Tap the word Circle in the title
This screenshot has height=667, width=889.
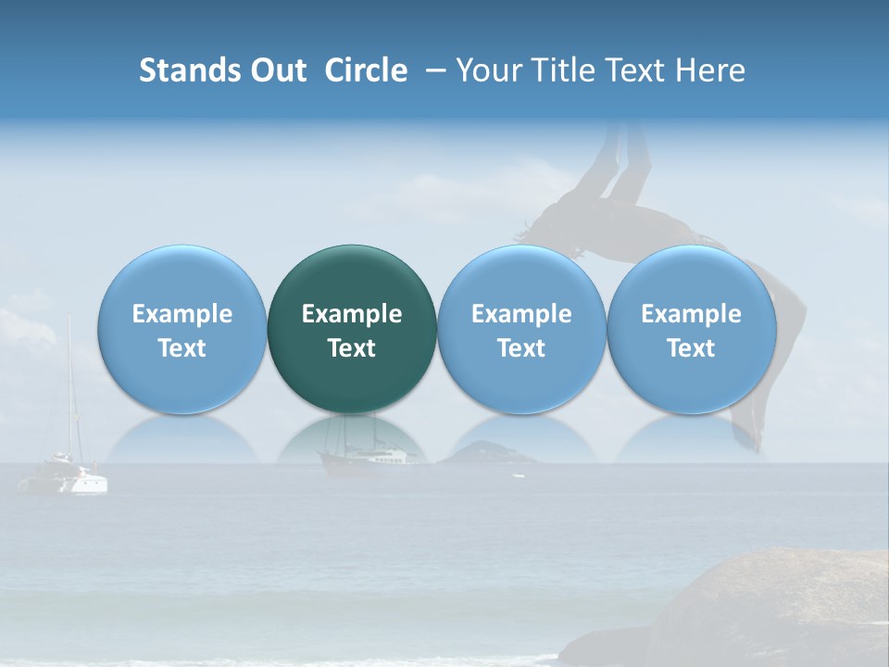click(x=366, y=70)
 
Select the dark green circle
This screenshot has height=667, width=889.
click(x=352, y=329)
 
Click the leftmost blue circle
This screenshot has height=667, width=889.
click(x=182, y=329)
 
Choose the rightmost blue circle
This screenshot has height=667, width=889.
click(x=691, y=329)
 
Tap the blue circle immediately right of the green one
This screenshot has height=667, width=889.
click(x=521, y=329)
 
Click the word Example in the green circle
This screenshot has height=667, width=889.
click(x=352, y=314)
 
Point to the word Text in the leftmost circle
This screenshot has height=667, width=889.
click(x=182, y=348)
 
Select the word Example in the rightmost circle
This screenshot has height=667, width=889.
click(x=691, y=314)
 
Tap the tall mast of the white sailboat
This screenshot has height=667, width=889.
click(x=69, y=389)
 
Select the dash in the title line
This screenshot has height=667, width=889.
click(x=432, y=70)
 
